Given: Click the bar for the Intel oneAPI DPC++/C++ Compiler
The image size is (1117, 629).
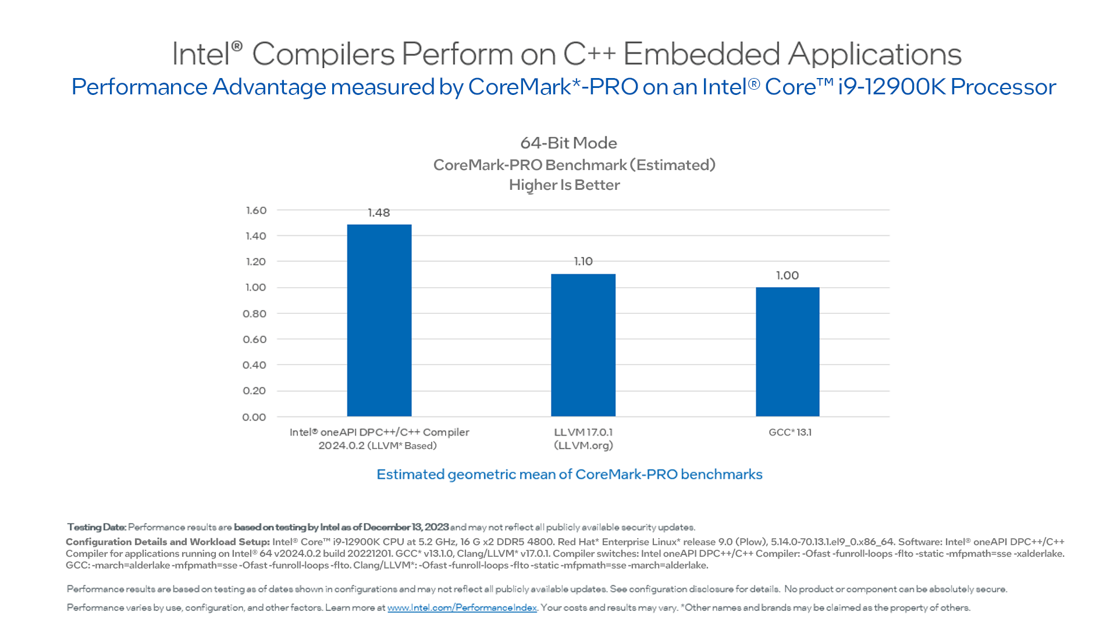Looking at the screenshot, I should (379, 320).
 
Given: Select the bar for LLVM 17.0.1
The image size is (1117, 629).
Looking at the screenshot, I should (583, 345).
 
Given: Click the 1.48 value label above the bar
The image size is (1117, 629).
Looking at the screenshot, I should (379, 213).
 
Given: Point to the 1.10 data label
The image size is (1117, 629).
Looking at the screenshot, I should (583, 262).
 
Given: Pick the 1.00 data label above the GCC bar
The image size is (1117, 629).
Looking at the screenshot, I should (787, 275).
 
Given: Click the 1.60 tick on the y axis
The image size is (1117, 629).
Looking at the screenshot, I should (256, 210).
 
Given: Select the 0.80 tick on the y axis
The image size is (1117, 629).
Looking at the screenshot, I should (254, 313).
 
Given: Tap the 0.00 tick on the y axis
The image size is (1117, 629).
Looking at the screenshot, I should (254, 417).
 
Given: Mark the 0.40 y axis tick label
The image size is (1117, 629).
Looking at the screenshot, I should (254, 365).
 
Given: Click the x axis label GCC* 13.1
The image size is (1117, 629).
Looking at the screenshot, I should (789, 432).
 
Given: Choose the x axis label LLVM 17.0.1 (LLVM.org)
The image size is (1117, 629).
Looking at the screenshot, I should (583, 439).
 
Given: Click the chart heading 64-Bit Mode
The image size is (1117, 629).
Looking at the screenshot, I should (568, 143).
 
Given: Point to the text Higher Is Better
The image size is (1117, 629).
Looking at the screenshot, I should (564, 185).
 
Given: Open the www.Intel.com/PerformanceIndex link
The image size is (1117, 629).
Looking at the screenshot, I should (462, 607).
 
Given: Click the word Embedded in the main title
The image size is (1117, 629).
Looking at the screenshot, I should (701, 54).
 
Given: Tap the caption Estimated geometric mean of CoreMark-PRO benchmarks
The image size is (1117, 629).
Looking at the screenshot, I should (569, 474).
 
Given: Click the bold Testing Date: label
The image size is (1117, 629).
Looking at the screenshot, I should (97, 527).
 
